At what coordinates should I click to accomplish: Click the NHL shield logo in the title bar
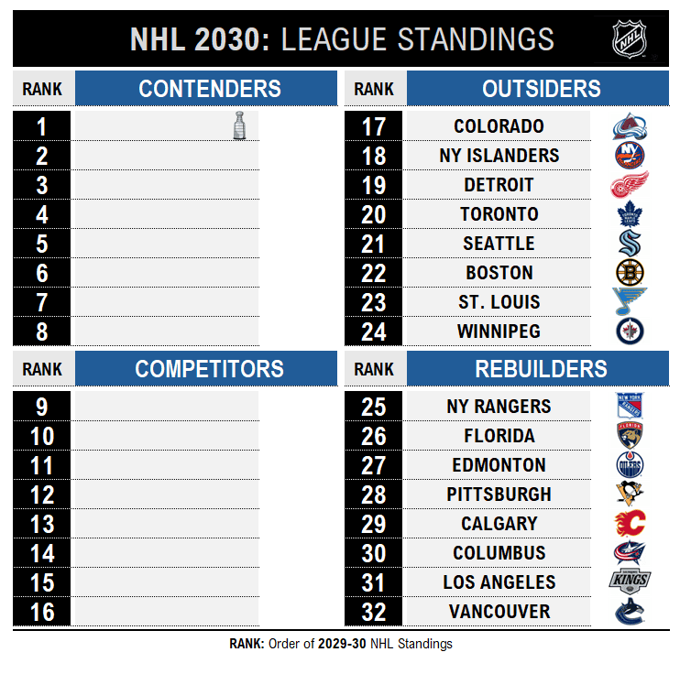coord(630,39)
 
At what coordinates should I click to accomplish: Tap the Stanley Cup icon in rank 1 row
coord(239,125)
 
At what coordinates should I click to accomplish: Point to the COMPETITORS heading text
coord(209,369)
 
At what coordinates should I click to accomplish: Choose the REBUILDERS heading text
coord(541,369)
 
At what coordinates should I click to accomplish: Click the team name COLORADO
coord(499,126)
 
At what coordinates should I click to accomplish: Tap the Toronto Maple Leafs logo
coord(630,214)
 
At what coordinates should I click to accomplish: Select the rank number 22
coord(373,273)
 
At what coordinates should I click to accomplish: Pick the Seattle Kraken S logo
coord(630,244)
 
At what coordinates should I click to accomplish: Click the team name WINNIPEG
coord(499,332)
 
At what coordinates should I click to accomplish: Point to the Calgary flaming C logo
coord(631,523)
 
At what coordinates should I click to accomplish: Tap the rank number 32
coord(373,612)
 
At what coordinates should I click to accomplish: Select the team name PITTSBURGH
coord(499,495)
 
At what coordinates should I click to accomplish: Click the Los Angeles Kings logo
coord(630,582)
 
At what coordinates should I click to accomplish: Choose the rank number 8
coord(41,332)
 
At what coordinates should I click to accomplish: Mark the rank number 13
coord(42,524)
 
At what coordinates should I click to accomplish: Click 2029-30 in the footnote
coord(342,644)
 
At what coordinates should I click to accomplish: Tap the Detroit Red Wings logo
coord(630,184)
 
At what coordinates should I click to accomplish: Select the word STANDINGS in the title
coord(476,39)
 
